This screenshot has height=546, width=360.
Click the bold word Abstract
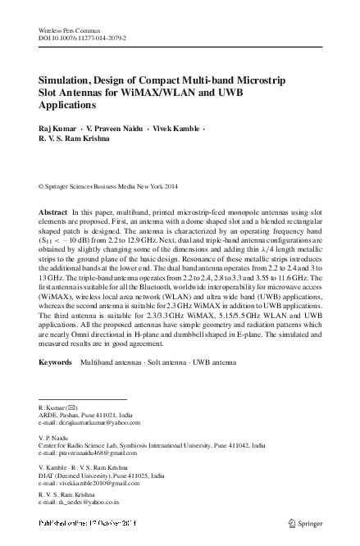click(x=53, y=212)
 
